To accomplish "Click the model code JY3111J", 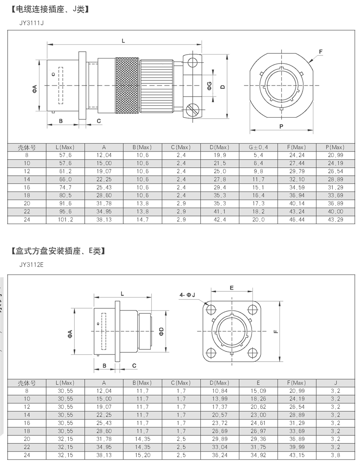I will (31, 22).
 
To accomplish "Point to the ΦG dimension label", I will (209, 87).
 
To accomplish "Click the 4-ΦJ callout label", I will (187, 294).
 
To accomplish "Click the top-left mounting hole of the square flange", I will (210, 309).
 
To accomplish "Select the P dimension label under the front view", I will (281, 126).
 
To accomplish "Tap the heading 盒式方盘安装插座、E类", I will (57, 251).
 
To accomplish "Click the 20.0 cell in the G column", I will (258, 220).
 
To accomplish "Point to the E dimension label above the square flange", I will (232, 288).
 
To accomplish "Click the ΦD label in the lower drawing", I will (161, 331).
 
